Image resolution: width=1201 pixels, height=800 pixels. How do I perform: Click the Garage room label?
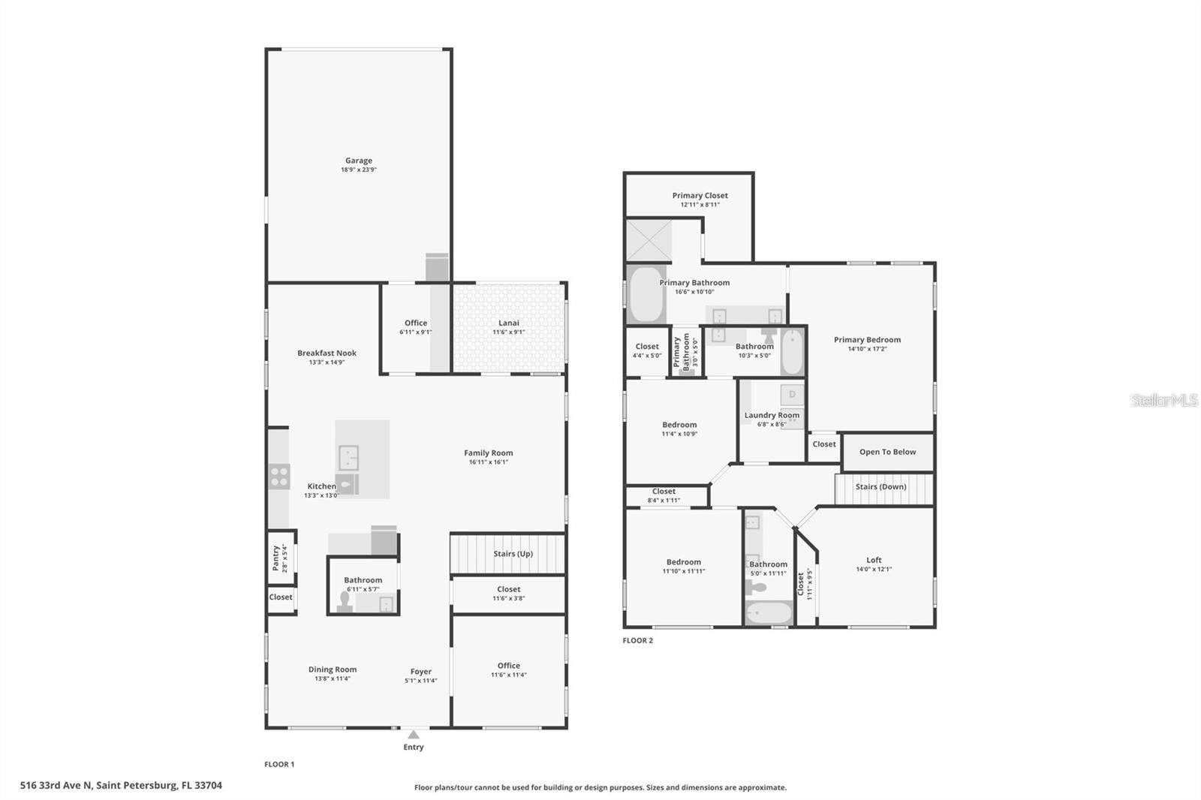point(358,161)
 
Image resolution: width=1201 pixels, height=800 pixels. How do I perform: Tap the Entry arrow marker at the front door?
point(414,735)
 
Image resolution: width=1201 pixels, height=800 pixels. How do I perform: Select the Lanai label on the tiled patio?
point(509,323)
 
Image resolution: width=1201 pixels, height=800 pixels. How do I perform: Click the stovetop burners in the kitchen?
point(279,477)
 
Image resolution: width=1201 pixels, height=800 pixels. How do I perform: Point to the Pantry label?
point(275,558)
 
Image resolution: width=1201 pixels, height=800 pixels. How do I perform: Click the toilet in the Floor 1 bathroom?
point(345,601)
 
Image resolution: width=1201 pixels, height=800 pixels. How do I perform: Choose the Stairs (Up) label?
point(513,554)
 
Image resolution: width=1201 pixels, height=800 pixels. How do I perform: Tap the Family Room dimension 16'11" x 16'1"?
point(488,462)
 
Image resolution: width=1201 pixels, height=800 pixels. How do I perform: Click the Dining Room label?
point(333,669)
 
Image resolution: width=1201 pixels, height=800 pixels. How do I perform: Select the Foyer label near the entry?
point(421,672)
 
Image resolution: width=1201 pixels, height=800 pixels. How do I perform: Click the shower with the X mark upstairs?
point(649,240)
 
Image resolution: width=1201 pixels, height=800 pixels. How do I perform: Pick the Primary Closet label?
point(700,195)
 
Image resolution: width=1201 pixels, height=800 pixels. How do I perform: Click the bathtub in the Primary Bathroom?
point(646,293)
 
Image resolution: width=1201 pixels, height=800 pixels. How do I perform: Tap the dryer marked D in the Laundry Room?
point(792,394)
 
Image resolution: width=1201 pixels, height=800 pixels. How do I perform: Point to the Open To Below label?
point(887,452)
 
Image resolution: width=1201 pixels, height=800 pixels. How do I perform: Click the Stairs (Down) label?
point(880,486)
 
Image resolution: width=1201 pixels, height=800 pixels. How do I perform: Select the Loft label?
point(874,560)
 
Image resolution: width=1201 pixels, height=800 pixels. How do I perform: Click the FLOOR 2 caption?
point(638,640)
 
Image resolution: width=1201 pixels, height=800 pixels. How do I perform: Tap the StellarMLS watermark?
point(1164,400)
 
